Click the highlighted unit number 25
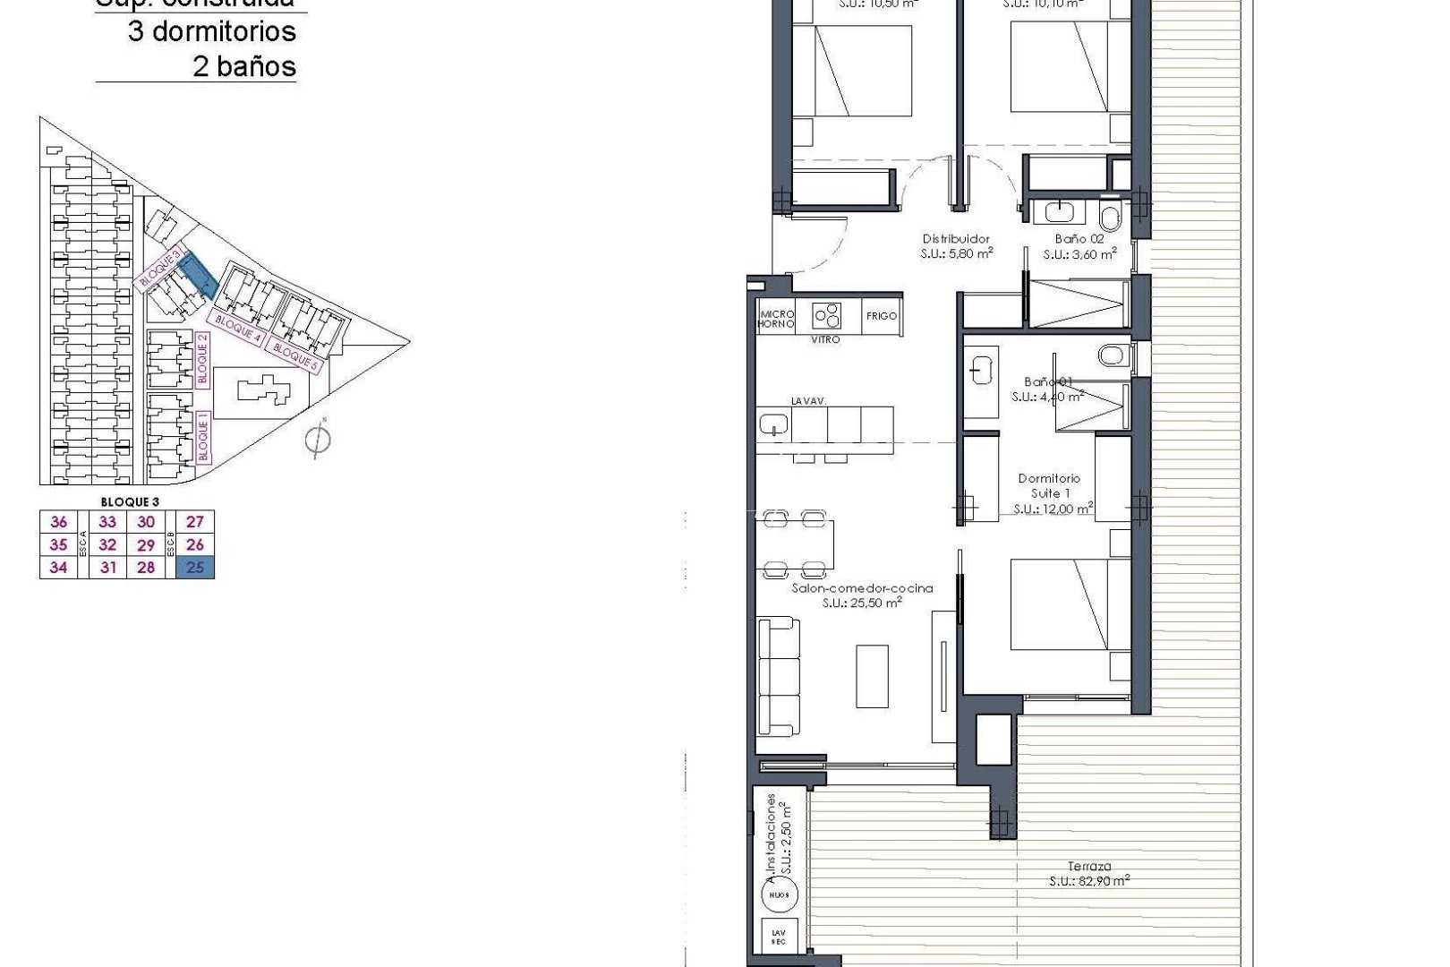pos(195,568)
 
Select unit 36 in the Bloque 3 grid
pos(59,522)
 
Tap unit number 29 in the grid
pos(146,545)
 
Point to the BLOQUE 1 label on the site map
pos(203,436)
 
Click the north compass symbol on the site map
pos(318,439)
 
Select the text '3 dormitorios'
pos(211,31)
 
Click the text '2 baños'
pos(243,66)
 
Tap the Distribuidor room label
pos(956,239)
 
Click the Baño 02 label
pos(1079,239)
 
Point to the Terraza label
pos(1089,866)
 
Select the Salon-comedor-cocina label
pos(862,588)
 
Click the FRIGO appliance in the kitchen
pos(882,316)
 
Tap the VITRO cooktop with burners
pos(827,316)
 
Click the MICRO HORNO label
pos(776,319)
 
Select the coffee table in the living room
pos(872,676)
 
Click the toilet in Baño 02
pos(1111,218)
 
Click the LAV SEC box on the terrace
pos(779,937)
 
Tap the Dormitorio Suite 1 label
pos(1049,485)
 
